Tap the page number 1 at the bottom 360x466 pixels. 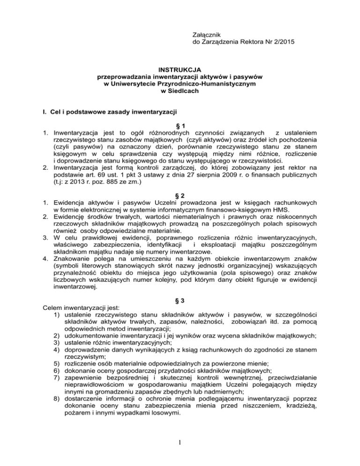pos(180,446)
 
